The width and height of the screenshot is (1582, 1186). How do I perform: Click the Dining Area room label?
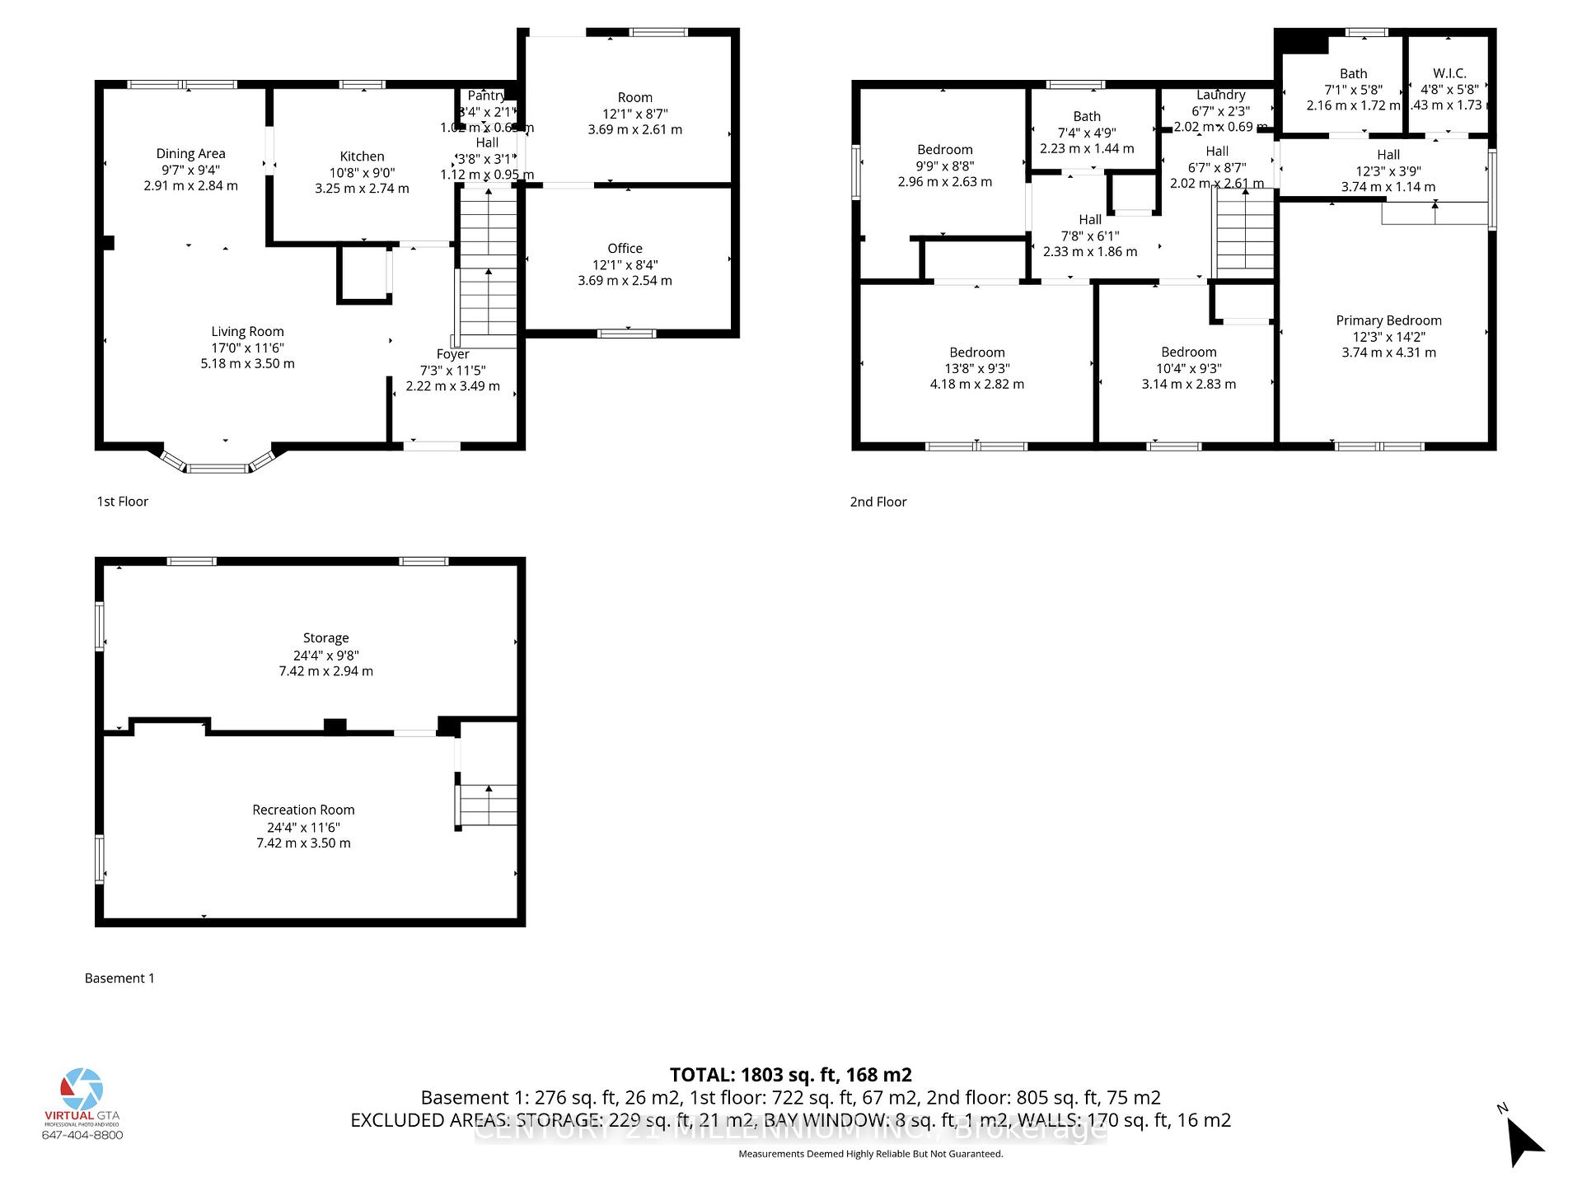coord(190,154)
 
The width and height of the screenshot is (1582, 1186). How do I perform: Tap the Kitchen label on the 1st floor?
coord(362,156)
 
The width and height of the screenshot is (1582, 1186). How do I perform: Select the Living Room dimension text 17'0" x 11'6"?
coord(247,348)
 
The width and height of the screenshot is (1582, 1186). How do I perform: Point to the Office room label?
coord(625,249)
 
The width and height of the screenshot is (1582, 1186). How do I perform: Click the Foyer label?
coord(452,354)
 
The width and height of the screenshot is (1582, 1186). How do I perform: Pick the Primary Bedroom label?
coord(1388,320)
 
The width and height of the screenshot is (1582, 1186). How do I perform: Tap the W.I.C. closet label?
coord(1449,73)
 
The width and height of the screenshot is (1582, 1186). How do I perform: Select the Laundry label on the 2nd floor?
coord(1220,96)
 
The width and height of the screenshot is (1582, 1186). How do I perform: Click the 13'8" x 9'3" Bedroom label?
coord(976,353)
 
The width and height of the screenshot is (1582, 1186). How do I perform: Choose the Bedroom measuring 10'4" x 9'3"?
coord(1188,353)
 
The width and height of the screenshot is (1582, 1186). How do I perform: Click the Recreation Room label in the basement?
coord(303,810)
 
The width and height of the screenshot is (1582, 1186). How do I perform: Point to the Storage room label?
coord(325,638)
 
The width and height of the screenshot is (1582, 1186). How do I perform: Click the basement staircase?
coord(489,805)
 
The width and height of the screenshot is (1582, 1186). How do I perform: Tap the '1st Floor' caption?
coord(123,502)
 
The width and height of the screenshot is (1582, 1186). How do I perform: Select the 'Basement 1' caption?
coord(119,978)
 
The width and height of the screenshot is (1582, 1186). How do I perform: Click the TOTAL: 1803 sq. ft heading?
coord(790,1075)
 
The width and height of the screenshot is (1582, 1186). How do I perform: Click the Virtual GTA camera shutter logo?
coord(82,1089)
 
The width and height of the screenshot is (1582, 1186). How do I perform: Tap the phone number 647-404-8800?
coord(82,1135)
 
